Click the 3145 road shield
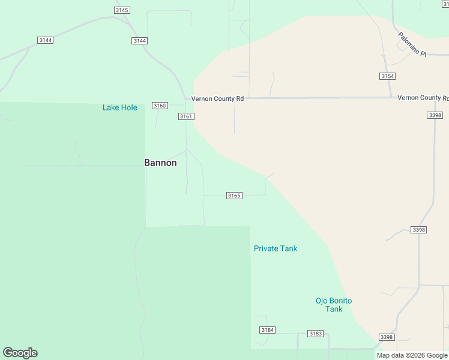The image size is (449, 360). [121, 10]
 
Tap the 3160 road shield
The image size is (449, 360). [159, 106]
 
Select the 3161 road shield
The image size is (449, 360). [185, 116]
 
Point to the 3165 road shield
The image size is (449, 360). [234, 196]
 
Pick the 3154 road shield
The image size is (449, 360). [387, 76]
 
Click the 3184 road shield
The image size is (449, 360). [267, 330]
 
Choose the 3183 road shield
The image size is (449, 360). [315, 334]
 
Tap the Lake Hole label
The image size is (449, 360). [119, 108]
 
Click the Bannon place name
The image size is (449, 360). [160, 163]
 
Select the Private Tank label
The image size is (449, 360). [275, 248]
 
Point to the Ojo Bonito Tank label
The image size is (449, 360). [334, 305]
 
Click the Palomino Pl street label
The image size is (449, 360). [411, 44]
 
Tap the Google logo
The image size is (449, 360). [20, 353]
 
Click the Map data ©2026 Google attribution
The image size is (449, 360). [412, 355]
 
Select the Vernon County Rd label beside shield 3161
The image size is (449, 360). [217, 98]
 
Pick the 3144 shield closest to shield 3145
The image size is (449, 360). [139, 40]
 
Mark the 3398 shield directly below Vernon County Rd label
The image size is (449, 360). [435, 115]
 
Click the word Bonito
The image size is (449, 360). [340, 301]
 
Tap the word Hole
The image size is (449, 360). [129, 108]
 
